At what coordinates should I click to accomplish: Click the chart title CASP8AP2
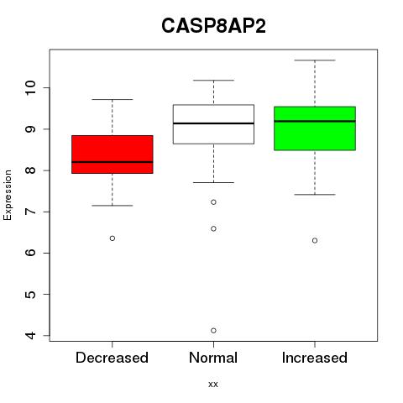[x=213, y=26]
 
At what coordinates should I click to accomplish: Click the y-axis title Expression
[x=8, y=195]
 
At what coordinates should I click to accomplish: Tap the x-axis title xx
[x=213, y=384]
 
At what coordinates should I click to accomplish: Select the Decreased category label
[x=112, y=358]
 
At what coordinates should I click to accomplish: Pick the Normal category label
[x=213, y=358]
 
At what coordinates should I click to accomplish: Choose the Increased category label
[x=315, y=358]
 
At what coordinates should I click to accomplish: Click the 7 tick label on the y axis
[x=31, y=212]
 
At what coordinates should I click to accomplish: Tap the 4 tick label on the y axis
[x=31, y=335]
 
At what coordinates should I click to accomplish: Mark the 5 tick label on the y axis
[x=31, y=294]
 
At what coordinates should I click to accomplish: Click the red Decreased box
[x=113, y=154]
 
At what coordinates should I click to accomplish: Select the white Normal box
[x=213, y=124]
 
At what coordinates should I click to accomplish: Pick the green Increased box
[x=315, y=128]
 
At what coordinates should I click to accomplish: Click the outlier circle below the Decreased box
[x=113, y=238]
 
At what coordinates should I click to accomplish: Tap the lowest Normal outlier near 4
[x=213, y=331]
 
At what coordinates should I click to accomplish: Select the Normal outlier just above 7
[x=213, y=202]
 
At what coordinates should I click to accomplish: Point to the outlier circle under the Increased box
[x=315, y=240]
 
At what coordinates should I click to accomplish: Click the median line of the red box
[x=113, y=162]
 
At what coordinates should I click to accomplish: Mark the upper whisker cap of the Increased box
[x=315, y=60]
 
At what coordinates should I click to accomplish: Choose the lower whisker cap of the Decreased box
[x=113, y=206]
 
